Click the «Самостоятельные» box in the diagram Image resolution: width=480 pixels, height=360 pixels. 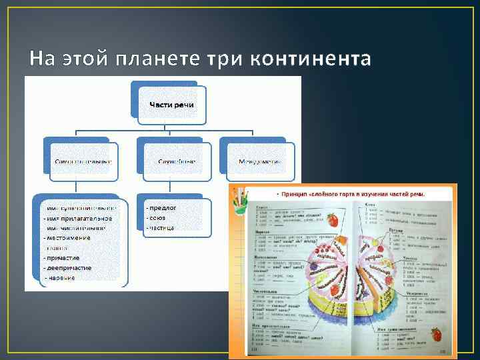[x=83, y=161]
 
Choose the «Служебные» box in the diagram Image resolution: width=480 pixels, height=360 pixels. [x=177, y=161]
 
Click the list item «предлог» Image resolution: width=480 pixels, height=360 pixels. [x=162, y=208]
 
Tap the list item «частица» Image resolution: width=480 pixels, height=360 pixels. [x=161, y=228]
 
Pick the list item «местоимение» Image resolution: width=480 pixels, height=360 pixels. [x=67, y=237]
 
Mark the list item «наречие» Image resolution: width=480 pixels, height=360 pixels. [x=61, y=277]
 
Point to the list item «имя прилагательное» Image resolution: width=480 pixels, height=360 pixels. [x=78, y=218]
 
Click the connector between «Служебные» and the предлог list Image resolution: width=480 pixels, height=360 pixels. [x=177, y=187]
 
